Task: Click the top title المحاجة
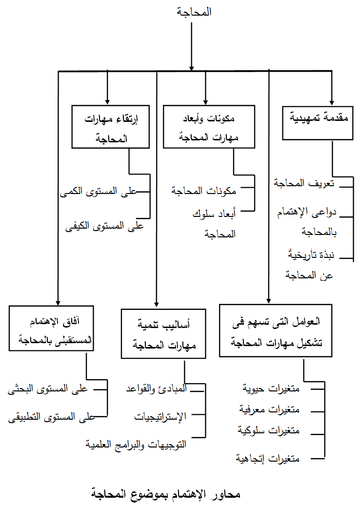point(194,12)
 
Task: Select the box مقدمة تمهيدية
point(318,123)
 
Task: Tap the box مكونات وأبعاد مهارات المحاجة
point(209,127)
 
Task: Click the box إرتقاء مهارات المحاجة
point(111,127)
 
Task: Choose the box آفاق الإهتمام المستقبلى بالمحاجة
point(51,328)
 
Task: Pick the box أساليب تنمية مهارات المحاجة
point(163,333)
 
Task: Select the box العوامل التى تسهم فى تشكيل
point(276,330)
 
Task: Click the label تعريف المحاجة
point(304,183)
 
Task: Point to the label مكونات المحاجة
point(204,191)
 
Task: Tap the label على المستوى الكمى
point(99,192)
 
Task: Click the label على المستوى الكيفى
point(104,226)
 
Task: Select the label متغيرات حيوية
point(271,388)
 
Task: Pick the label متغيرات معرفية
point(269,409)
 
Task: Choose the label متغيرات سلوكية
point(269,430)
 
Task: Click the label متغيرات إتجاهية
point(267,458)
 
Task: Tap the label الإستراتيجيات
point(160,417)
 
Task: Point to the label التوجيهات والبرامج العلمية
point(136,445)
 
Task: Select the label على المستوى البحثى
point(48,389)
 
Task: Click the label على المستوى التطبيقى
point(52,417)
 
